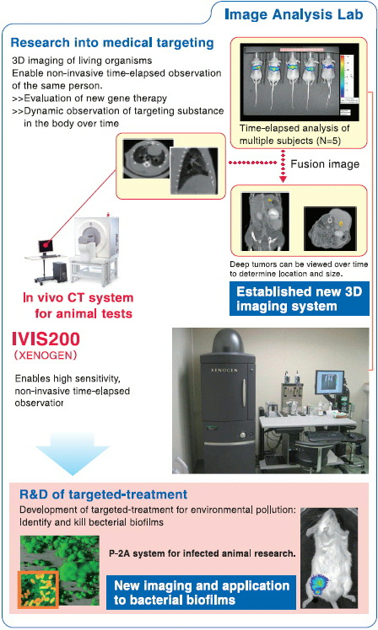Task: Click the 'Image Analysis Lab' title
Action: coord(294,14)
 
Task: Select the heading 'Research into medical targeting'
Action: coord(112,43)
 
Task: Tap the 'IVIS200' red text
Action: coord(46,339)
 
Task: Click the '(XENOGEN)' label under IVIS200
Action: coord(45,355)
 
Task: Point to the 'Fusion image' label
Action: coord(325,164)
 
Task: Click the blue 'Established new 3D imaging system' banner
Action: coord(299,298)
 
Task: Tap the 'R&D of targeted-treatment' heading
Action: coord(104,494)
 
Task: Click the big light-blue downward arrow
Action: coord(73,454)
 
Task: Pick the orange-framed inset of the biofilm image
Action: coord(38,589)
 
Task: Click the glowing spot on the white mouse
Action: coord(319,585)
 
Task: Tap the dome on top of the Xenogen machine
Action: coord(228,342)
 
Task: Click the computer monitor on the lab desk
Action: coord(329,382)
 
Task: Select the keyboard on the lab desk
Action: coord(324,436)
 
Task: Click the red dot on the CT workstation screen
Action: coord(46,243)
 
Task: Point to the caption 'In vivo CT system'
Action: coord(78,297)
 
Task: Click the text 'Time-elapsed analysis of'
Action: coord(294,128)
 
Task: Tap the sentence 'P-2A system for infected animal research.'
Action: coord(202,553)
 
